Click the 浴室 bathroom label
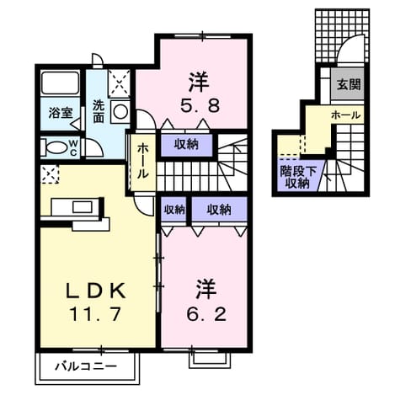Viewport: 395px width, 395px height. (61, 113)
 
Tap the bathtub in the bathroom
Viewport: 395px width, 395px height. (61, 83)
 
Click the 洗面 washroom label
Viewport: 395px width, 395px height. (99, 111)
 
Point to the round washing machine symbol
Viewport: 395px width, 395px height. (120, 111)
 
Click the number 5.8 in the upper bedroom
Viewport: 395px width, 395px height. (200, 106)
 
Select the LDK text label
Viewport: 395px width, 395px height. (95, 291)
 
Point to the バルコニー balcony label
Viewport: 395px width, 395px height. (86, 366)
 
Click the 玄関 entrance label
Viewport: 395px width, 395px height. (349, 84)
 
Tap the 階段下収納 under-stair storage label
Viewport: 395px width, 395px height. (297, 177)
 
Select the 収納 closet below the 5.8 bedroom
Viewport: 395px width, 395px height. (186, 145)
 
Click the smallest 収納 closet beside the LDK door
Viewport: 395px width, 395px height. (174, 210)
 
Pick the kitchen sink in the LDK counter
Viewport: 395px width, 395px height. (83, 207)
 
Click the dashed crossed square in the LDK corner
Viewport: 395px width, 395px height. (50, 174)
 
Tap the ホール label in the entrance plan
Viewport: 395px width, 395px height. (345, 115)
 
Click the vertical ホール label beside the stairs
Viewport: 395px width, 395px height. (143, 161)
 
